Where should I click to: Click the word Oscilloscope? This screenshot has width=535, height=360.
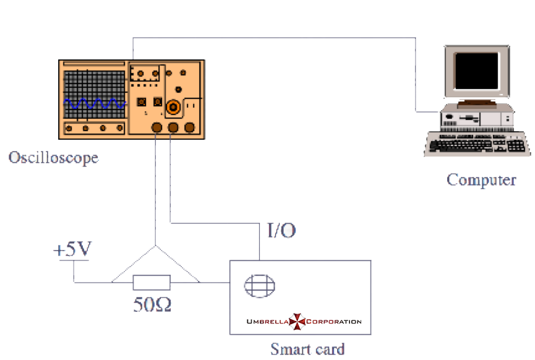pos(53,158)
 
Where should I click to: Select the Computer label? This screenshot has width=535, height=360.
pos(481,180)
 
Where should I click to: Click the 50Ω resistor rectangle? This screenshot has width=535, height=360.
pos(152,283)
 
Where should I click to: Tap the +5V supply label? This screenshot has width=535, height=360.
pos(72,250)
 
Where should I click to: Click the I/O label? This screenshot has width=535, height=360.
pos(281,231)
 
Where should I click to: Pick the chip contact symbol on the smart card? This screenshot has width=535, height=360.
pos(259,285)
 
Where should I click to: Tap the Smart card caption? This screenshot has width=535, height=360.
pos(307,348)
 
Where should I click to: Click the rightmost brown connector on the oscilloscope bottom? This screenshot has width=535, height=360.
pos(189,127)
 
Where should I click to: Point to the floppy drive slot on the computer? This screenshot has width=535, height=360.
pos(470,117)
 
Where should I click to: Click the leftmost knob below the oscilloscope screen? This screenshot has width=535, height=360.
pos(69,129)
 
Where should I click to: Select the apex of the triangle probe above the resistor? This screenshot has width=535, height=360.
pos(156,246)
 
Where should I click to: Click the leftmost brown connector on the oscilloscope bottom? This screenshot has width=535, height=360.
pos(157,127)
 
